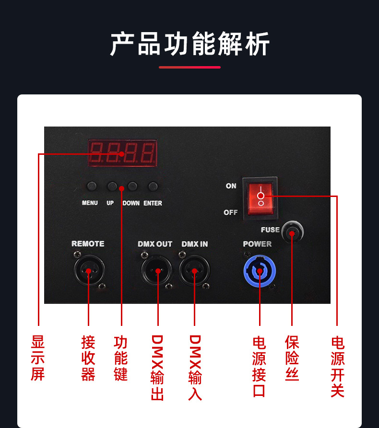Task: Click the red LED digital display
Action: coord(122,153)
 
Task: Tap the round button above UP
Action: coord(111,186)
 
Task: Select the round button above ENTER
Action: coord(153,186)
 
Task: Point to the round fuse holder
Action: coord(292,233)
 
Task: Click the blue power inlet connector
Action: coord(260,272)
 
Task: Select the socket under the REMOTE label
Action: coord(88,271)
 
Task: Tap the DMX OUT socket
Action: coord(157,271)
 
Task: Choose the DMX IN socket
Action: coord(194,271)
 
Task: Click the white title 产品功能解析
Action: coord(189,45)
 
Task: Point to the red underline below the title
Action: coord(189,67)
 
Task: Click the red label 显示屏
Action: coord(38,358)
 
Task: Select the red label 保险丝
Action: coord(292,358)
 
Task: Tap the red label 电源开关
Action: coord(337,366)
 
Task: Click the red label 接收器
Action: coord(88,358)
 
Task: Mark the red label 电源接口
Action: coord(259,366)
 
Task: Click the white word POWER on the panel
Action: coord(257,244)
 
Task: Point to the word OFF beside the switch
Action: coord(230,212)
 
